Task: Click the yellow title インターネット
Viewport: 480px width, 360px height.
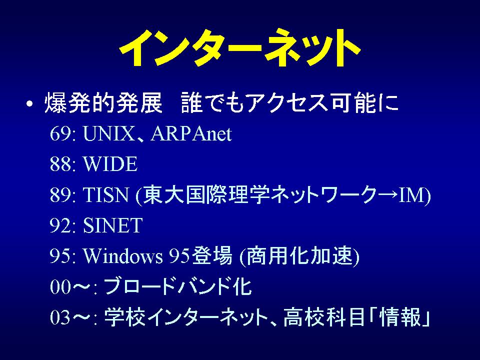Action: pos(239,48)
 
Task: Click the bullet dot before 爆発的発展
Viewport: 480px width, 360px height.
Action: pos(29,104)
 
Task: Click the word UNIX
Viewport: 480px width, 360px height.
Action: pos(108,134)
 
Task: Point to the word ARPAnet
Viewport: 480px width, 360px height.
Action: pos(191,134)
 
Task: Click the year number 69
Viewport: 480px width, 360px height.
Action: pos(60,134)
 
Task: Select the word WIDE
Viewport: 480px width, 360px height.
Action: pos(110,164)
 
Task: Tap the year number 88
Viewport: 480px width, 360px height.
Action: pos(60,164)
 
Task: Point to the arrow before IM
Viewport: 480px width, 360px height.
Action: pos(387,194)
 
